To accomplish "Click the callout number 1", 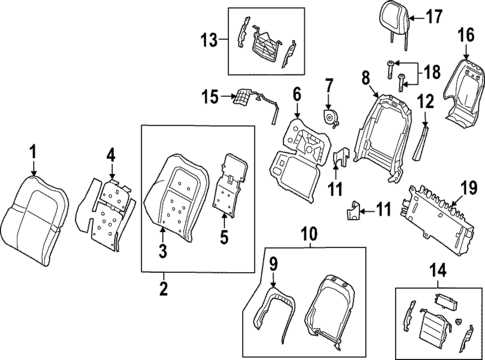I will pos(32,151).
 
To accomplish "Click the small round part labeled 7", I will pos(328,119).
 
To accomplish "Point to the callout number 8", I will pos(366,75).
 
